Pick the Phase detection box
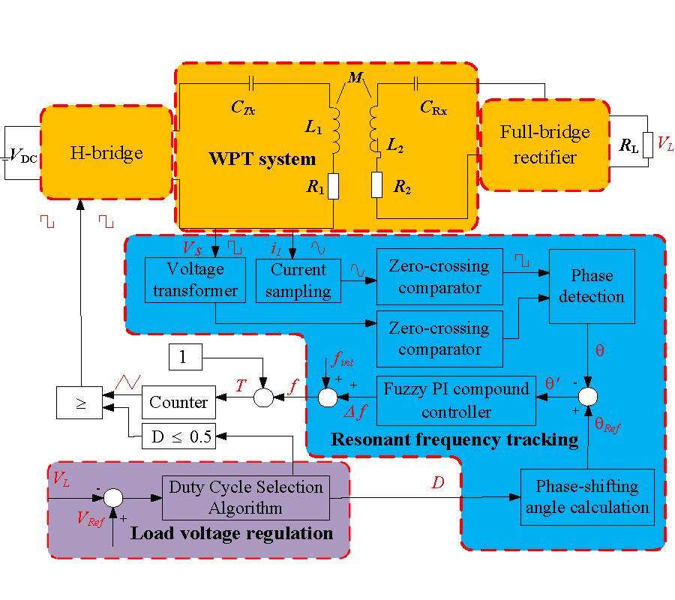pyautogui.click(x=592, y=286)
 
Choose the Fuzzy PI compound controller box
pyautogui.click(x=456, y=400)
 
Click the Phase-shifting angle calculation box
pyautogui.click(x=586, y=496)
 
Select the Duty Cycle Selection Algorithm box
pyautogui.click(x=246, y=497)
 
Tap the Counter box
pyautogui.click(x=178, y=402)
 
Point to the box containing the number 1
pyautogui.click(x=181, y=357)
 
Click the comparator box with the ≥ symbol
pyautogui.click(x=80, y=403)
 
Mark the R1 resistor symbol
pyautogui.click(x=332, y=187)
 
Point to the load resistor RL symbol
pyautogui.click(x=647, y=146)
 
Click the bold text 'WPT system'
pyautogui.click(x=262, y=158)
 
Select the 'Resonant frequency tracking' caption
pyautogui.click(x=455, y=439)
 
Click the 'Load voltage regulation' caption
pyautogui.click(x=231, y=533)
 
